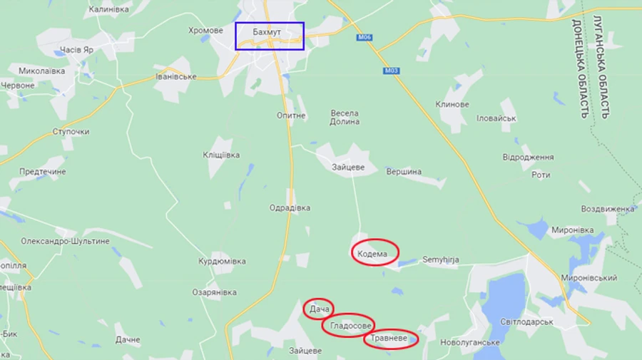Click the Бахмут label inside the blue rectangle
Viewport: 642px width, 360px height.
pyautogui.click(x=267, y=33)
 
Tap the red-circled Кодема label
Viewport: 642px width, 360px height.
pyautogui.click(x=374, y=252)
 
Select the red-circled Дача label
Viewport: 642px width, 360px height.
pyautogui.click(x=318, y=309)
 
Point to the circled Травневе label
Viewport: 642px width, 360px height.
pyautogui.click(x=390, y=339)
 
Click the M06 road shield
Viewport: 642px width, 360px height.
pyautogui.click(x=365, y=36)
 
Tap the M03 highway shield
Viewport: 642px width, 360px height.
pyautogui.click(x=389, y=71)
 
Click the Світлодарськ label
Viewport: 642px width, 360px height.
pyautogui.click(x=526, y=322)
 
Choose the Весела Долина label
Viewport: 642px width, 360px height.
pyautogui.click(x=345, y=118)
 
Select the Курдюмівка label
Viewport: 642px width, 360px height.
pyautogui.click(x=223, y=261)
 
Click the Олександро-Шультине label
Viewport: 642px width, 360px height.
pyautogui.click(x=65, y=241)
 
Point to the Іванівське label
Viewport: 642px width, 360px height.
pyautogui.click(x=175, y=76)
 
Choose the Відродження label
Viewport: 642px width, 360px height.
pyautogui.click(x=528, y=157)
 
